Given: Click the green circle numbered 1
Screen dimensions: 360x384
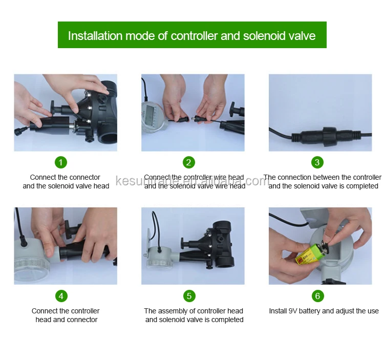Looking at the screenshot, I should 61,162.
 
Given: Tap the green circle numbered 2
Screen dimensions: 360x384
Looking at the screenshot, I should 189,162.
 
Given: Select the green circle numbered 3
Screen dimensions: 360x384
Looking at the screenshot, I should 317,162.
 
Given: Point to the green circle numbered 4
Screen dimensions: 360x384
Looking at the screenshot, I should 61,295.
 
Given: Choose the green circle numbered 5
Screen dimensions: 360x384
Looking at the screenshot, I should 189,295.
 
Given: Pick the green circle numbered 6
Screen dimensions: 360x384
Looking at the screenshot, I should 317,295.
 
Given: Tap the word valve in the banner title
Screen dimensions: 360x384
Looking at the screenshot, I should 301,36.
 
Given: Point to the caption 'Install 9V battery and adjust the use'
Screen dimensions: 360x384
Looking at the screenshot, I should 324,311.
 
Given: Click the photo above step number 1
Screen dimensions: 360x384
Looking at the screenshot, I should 65,113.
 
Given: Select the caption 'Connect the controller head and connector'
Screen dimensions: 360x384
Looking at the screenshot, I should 66,315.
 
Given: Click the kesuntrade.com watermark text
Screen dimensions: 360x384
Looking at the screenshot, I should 192,181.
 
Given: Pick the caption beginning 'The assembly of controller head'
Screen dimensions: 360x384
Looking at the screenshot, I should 194,315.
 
